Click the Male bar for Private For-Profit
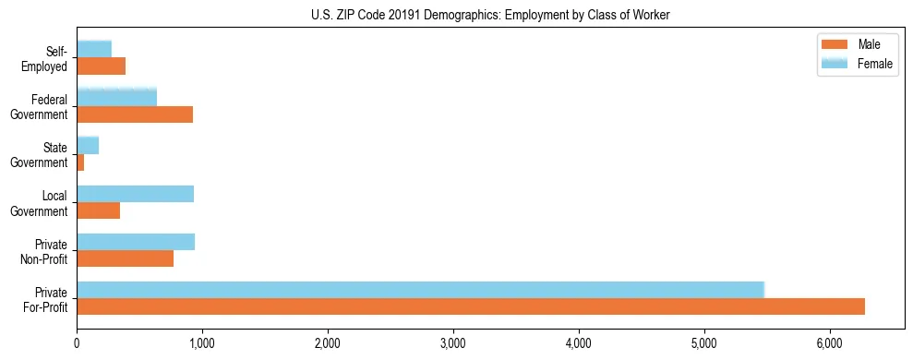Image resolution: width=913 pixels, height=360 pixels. (471, 306)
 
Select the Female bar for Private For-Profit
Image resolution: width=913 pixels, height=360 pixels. (420, 290)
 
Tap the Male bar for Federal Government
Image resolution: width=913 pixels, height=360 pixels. (135, 114)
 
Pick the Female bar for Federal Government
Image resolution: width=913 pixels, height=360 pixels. (116, 97)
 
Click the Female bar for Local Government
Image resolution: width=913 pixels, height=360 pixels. (135, 194)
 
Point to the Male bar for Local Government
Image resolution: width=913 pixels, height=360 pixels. (98, 210)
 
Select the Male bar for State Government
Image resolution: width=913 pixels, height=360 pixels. (80, 162)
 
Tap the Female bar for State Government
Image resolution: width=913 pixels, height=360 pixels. (88, 145)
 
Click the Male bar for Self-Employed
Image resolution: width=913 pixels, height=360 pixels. (101, 66)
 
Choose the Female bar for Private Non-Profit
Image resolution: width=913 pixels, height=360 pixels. (136, 242)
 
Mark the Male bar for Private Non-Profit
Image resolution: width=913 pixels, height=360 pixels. (125, 258)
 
